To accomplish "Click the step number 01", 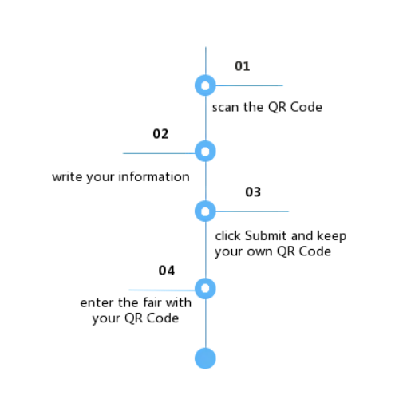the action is (242, 66).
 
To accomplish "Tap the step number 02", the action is (160, 134).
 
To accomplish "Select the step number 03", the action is (253, 192).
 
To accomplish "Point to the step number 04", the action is (167, 271).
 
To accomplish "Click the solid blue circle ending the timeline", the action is (205, 358).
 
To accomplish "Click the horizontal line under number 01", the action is (249, 85).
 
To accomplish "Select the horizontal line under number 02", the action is (159, 153).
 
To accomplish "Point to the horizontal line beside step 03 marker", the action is (252, 211).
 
